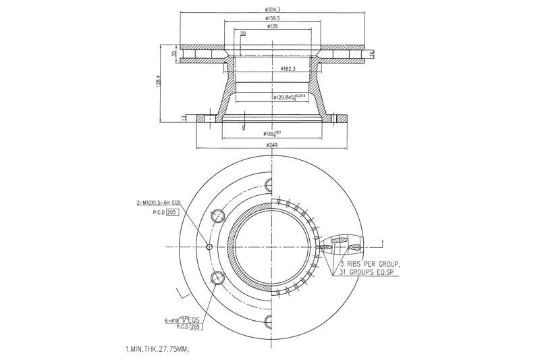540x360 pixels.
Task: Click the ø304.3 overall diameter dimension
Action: coord(274,9)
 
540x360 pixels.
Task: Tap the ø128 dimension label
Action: coord(273,27)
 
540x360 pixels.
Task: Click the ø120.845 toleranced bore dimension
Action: coord(289,97)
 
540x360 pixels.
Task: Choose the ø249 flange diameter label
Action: coord(273,145)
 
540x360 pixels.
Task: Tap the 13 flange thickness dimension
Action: coord(184,118)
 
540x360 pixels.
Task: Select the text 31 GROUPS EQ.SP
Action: coord(370,272)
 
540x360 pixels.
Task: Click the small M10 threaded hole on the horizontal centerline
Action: coord(209,246)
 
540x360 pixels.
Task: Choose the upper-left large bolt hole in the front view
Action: coord(218,216)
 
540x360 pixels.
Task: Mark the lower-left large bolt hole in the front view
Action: coord(218,278)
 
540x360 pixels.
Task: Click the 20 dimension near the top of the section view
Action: coord(242,33)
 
